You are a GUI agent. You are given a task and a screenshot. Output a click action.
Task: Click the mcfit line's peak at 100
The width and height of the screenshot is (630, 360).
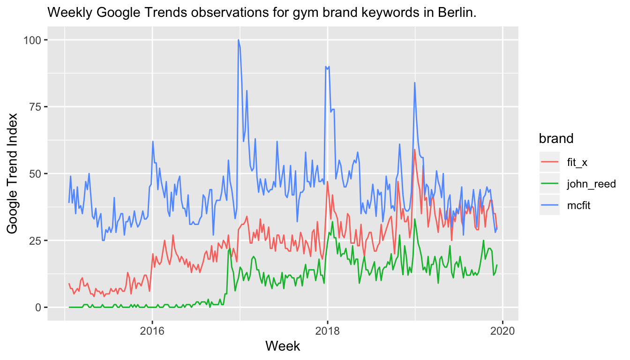(239, 40)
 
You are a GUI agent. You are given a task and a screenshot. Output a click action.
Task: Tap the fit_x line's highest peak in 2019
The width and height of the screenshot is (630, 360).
(415, 150)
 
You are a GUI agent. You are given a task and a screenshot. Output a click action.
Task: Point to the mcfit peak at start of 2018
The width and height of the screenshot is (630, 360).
(326, 67)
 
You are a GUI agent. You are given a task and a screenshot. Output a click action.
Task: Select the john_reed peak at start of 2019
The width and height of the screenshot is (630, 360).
(415, 219)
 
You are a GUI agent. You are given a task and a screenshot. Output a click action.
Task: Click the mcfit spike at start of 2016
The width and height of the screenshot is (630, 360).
(153, 142)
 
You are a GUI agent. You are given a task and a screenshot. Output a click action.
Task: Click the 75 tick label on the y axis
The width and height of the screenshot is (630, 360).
(35, 107)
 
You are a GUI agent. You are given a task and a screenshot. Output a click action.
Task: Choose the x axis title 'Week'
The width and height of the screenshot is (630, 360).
(283, 346)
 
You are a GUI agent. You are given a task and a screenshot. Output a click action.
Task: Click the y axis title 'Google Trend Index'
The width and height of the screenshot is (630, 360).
(13, 173)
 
